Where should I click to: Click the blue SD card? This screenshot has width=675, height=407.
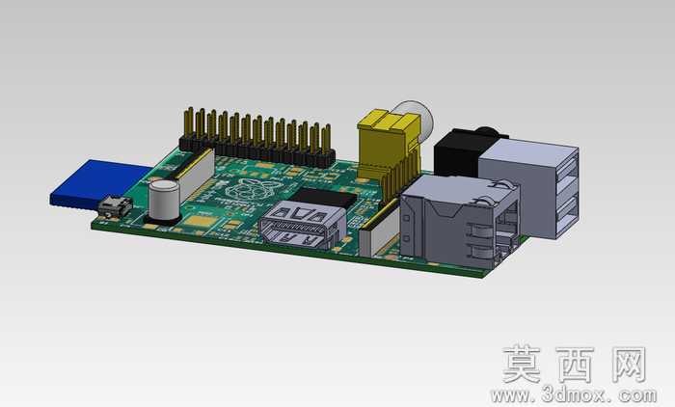(96, 185)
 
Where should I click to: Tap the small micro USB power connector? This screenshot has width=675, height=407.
(115, 206)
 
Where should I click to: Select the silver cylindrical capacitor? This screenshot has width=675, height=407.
(164, 201)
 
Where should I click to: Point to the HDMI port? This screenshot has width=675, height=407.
(302, 225)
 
